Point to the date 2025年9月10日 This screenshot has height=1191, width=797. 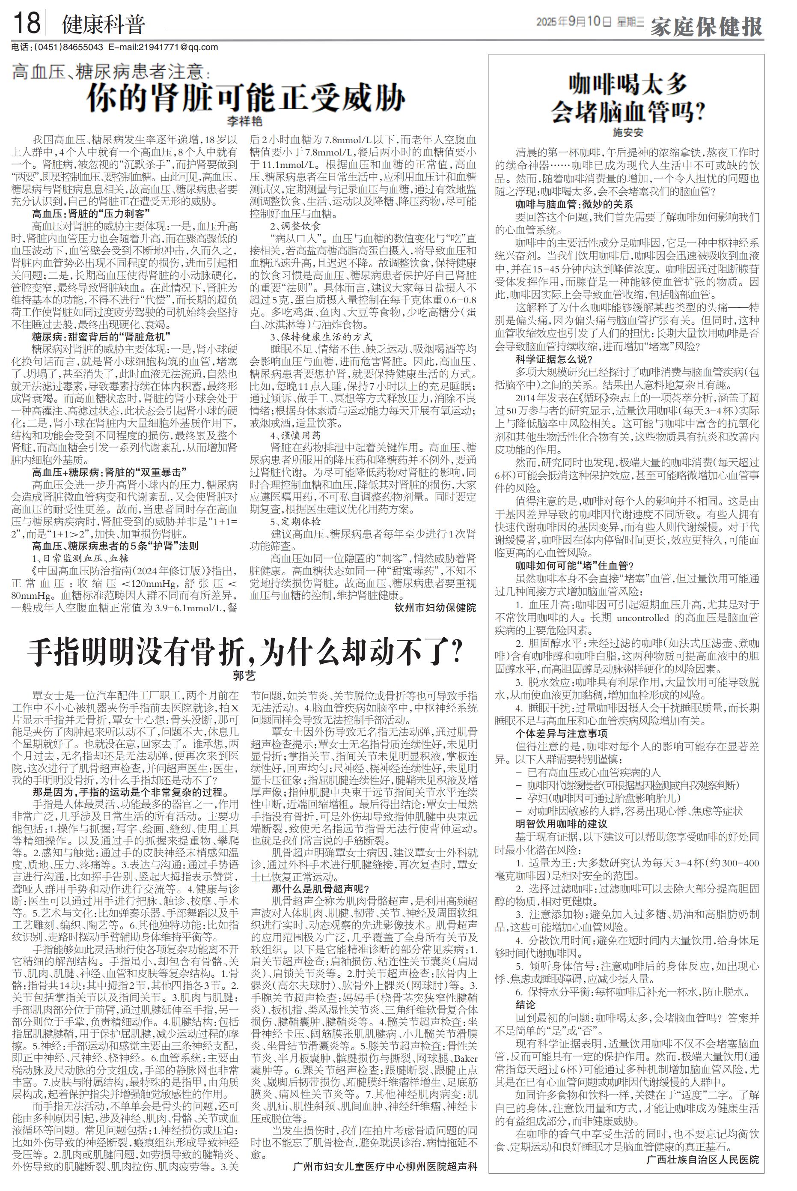click(x=574, y=22)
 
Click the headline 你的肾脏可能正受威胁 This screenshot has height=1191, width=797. click(x=246, y=98)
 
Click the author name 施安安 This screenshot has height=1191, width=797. click(x=628, y=132)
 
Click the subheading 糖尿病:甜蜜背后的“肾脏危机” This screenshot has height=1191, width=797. click(x=101, y=336)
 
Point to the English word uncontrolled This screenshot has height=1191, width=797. click(x=642, y=618)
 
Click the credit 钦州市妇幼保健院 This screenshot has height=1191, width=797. click(x=435, y=607)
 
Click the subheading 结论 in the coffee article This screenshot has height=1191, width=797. click(x=526, y=1004)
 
